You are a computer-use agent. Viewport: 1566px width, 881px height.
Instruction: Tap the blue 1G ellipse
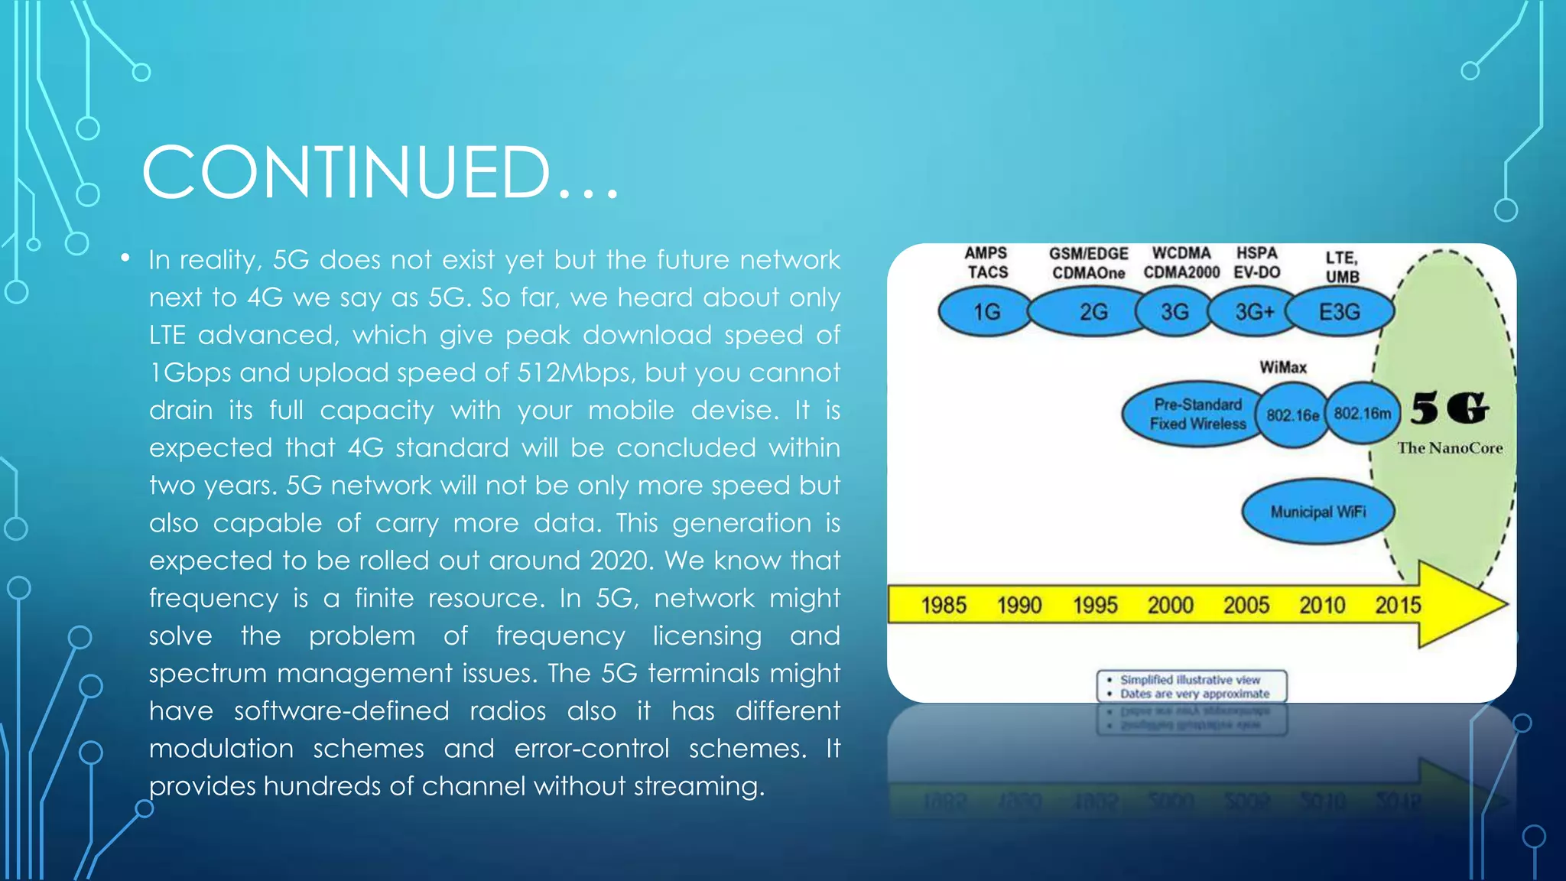(986, 312)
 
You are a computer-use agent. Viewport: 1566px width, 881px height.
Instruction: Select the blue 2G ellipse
(1092, 312)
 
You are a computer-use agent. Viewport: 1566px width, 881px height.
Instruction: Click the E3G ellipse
(1340, 312)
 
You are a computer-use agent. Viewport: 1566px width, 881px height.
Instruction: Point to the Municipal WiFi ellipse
(1317, 512)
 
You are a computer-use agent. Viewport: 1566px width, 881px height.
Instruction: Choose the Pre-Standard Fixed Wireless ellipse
(1196, 414)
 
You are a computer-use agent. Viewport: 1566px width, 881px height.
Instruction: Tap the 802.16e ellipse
(1292, 415)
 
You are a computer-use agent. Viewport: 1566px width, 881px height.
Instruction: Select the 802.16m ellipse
(1362, 414)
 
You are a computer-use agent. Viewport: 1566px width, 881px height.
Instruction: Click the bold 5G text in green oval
(1449, 408)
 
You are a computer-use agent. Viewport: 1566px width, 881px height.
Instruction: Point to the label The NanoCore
(1450, 448)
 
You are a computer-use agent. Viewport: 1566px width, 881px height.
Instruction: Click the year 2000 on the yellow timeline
(1170, 605)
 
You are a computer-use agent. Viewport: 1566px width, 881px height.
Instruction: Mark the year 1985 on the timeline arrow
(944, 605)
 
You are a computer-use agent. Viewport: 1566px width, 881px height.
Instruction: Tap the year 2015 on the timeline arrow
(1398, 605)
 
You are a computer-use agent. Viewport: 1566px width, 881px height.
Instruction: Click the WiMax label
(1283, 367)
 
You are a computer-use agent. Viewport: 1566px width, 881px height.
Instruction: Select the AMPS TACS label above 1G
(986, 262)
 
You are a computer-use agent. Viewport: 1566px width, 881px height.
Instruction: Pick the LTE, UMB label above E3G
(1342, 267)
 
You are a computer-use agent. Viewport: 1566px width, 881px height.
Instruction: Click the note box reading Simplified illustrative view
(1191, 686)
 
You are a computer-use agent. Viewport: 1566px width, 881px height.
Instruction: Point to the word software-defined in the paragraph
(341, 711)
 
